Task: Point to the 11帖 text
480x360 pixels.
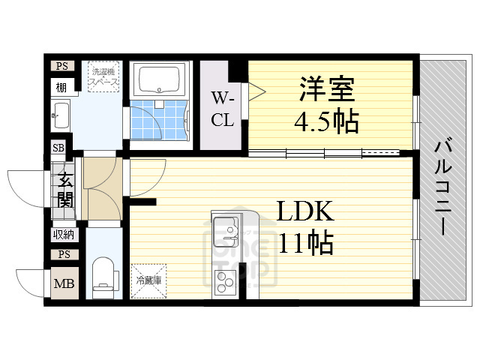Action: click(306, 243)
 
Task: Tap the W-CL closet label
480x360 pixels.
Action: click(222, 109)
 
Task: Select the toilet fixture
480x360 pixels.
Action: click(103, 273)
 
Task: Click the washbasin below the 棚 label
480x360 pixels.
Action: click(61, 116)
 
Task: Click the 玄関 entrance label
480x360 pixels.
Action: click(65, 190)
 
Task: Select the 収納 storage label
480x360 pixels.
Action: click(63, 235)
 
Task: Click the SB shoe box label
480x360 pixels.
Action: click(58, 148)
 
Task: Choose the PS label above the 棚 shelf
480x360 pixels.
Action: click(61, 66)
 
